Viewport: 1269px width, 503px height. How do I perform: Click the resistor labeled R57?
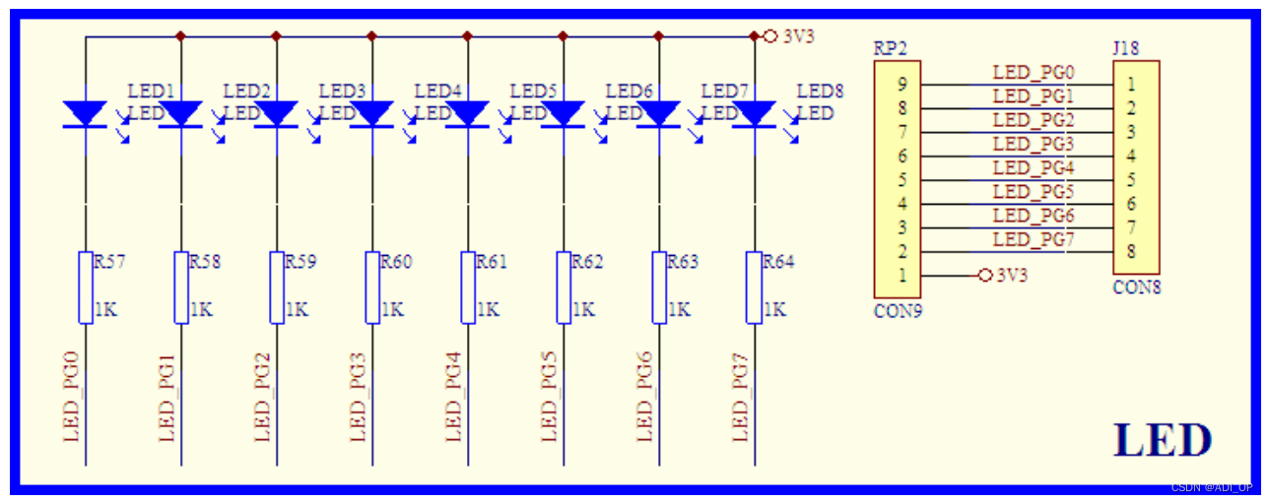click(x=86, y=286)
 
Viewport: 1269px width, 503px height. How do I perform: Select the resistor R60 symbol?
click(x=372, y=286)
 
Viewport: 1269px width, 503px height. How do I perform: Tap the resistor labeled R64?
click(x=755, y=286)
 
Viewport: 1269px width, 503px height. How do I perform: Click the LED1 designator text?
click(x=151, y=92)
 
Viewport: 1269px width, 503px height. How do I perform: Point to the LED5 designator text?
click(x=533, y=92)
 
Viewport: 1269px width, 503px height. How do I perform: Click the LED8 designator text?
click(x=820, y=92)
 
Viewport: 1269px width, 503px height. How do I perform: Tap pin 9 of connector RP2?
click(x=902, y=84)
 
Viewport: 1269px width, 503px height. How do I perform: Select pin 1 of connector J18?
click(x=1132, y=84)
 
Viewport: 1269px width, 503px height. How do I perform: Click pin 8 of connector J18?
click(x=1132, y=251)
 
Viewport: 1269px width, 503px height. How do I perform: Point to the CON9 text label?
click(x=897, y=311)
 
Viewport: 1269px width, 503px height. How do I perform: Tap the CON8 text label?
click(x=1136, y=288)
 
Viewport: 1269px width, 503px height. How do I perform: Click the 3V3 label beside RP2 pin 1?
click(x=1012, y=276)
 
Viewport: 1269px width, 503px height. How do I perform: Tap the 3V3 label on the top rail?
click(x=799, y=36)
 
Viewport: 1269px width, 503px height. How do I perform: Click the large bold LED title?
click(x=1163, y=440)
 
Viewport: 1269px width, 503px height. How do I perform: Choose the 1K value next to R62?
click(x=582, y=309)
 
